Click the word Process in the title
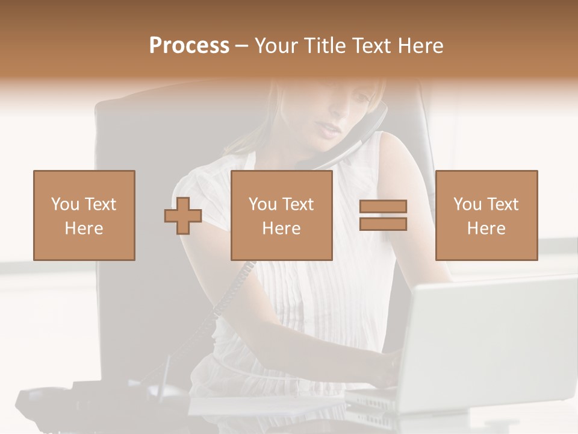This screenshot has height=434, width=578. coord(189,46)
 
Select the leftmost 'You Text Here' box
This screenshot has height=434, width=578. coord(84,215)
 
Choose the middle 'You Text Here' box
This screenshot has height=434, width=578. coord(281,215)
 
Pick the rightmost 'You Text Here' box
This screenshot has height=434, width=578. coord(486,215)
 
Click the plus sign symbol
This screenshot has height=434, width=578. coord(183,216)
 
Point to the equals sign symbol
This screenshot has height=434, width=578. coord(383,215)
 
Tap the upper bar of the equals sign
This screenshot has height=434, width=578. coord(383,207)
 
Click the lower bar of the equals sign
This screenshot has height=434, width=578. coord(383,224)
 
